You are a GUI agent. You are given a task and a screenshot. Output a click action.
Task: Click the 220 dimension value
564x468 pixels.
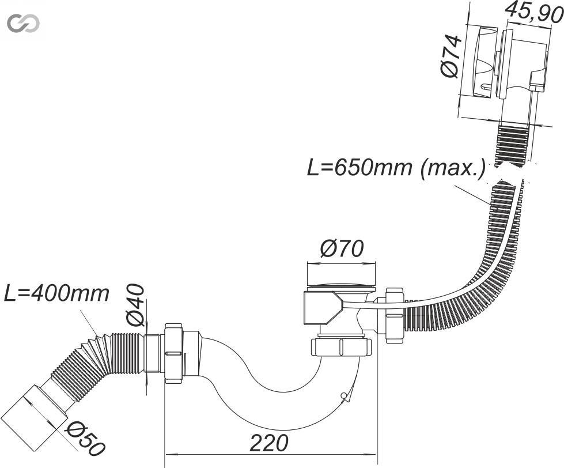point(269,443)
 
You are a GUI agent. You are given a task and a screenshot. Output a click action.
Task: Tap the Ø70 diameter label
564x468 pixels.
point(342,248)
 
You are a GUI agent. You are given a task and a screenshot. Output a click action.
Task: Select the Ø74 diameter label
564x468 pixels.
point(451,56)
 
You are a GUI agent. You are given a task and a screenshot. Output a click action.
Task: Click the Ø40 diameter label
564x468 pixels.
point(136,305)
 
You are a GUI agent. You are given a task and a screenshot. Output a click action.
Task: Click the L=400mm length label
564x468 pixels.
point(56,293)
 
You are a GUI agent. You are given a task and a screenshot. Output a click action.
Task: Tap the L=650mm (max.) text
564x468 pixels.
point(396,167)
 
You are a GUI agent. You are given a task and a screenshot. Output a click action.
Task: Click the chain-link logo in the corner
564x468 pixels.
point(24,24)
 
